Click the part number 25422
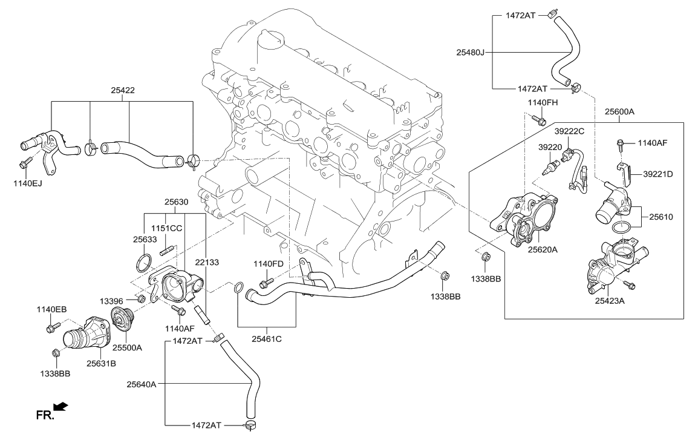[122, 90]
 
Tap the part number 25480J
[471, 53]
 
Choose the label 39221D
[657, 174]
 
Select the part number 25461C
[266, 338]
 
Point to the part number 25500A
[126, 347]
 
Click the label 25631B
[101, 364]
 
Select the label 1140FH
[542, 102]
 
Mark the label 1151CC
[167, 228]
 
